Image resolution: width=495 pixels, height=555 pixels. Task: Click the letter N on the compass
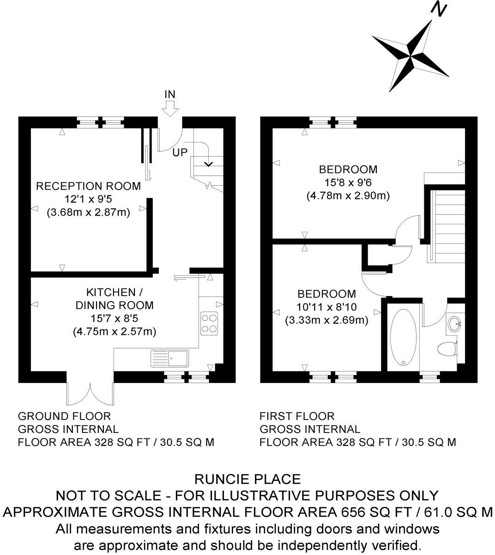[x=438, y=10]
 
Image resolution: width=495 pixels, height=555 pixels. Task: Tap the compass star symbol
[x=410, y=55]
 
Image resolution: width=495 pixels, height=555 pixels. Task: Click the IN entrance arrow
[x=170, y=107]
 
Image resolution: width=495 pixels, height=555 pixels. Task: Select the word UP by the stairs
[x=180, y=152]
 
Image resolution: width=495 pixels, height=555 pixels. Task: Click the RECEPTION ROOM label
[x=88, y=186]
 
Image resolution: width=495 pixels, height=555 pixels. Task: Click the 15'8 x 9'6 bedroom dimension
[x=348, y=182]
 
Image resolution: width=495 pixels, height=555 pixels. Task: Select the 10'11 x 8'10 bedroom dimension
[x=326, y=307]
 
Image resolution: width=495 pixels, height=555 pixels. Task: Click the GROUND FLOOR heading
[x=64, y=416]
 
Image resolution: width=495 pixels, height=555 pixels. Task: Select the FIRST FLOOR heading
[x=297, y=416]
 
